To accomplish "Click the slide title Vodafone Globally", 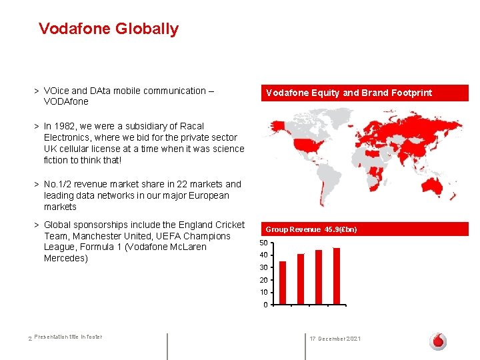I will point(109,29).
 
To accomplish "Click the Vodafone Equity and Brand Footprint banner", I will point(349,93).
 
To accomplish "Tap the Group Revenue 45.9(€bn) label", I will point(311,229).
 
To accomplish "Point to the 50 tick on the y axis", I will point(264,243).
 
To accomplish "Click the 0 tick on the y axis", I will point(265,305).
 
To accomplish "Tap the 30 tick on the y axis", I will point(264,267).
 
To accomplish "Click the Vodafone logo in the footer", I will point(438,341).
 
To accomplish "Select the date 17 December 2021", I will point(335,339).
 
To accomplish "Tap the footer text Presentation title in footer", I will point(68,337).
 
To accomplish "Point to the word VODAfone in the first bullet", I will point(66,102).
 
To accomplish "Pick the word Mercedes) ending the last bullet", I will point(65,258).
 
